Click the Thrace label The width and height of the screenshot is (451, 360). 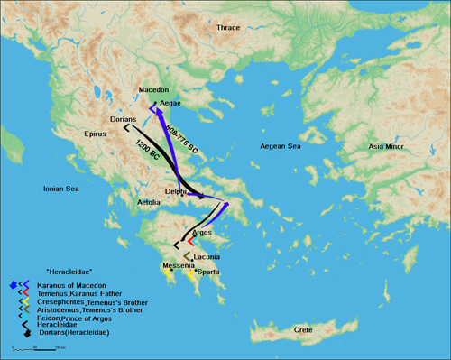[228, 28]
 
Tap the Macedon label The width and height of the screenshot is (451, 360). [153, 90]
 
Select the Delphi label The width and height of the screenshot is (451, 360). [178, 191]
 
